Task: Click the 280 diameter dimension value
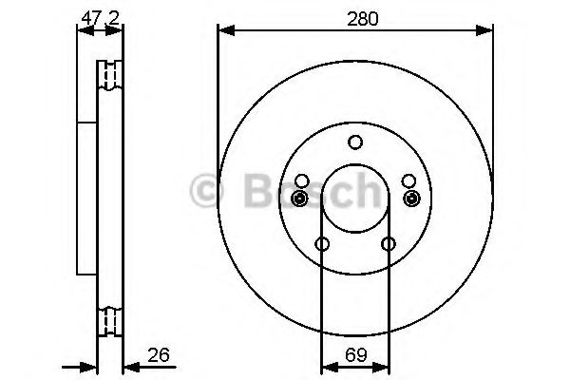tap(356, 18)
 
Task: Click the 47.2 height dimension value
tap(100, 16)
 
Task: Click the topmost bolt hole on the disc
tap(355, 142)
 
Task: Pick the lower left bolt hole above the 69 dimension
tap(322, 244)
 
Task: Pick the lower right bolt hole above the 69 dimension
tap(389, 244)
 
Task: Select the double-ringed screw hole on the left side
tap(301, 198)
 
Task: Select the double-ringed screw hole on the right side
tap(410, 198)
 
